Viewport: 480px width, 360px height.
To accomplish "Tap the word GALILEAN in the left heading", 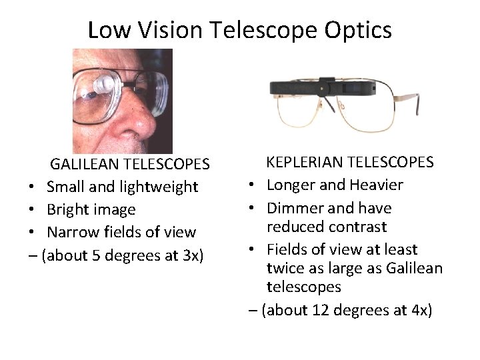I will pos(83,164).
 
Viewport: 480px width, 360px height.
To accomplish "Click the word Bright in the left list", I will pos(66,209).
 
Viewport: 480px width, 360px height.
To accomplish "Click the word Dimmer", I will pos(293,208).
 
